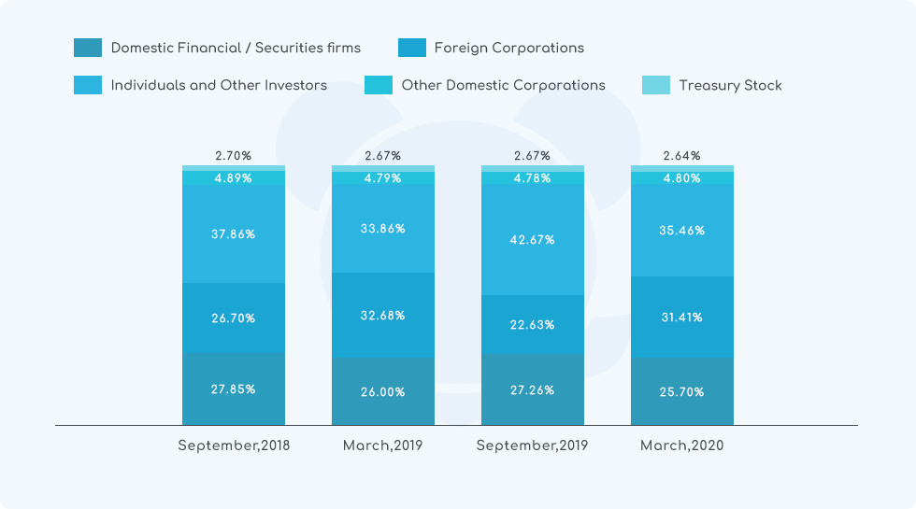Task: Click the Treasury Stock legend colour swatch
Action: (x=656, y=85)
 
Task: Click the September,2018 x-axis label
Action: (x=234, y=445)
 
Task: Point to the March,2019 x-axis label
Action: (x=382, y=445)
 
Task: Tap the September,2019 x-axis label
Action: (x=532, y=445)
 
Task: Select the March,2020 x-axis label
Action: (x=681, y=445)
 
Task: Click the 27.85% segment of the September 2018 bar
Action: (x=234, y=389)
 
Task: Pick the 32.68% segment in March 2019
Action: (x=383, y=316)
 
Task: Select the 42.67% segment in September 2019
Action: (x=533, y=240)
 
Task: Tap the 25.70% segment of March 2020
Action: (x=682, y=392)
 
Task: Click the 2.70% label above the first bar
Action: (x=234, y=156)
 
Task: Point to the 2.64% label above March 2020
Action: (x=682, y=156)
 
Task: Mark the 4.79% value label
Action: (x=383, y=177)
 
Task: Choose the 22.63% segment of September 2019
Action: (x=533, y=325)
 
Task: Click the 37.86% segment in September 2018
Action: (x=234, y=234)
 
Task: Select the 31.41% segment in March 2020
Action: (x=682, y=318)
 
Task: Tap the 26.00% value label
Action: (x=383, y=392)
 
